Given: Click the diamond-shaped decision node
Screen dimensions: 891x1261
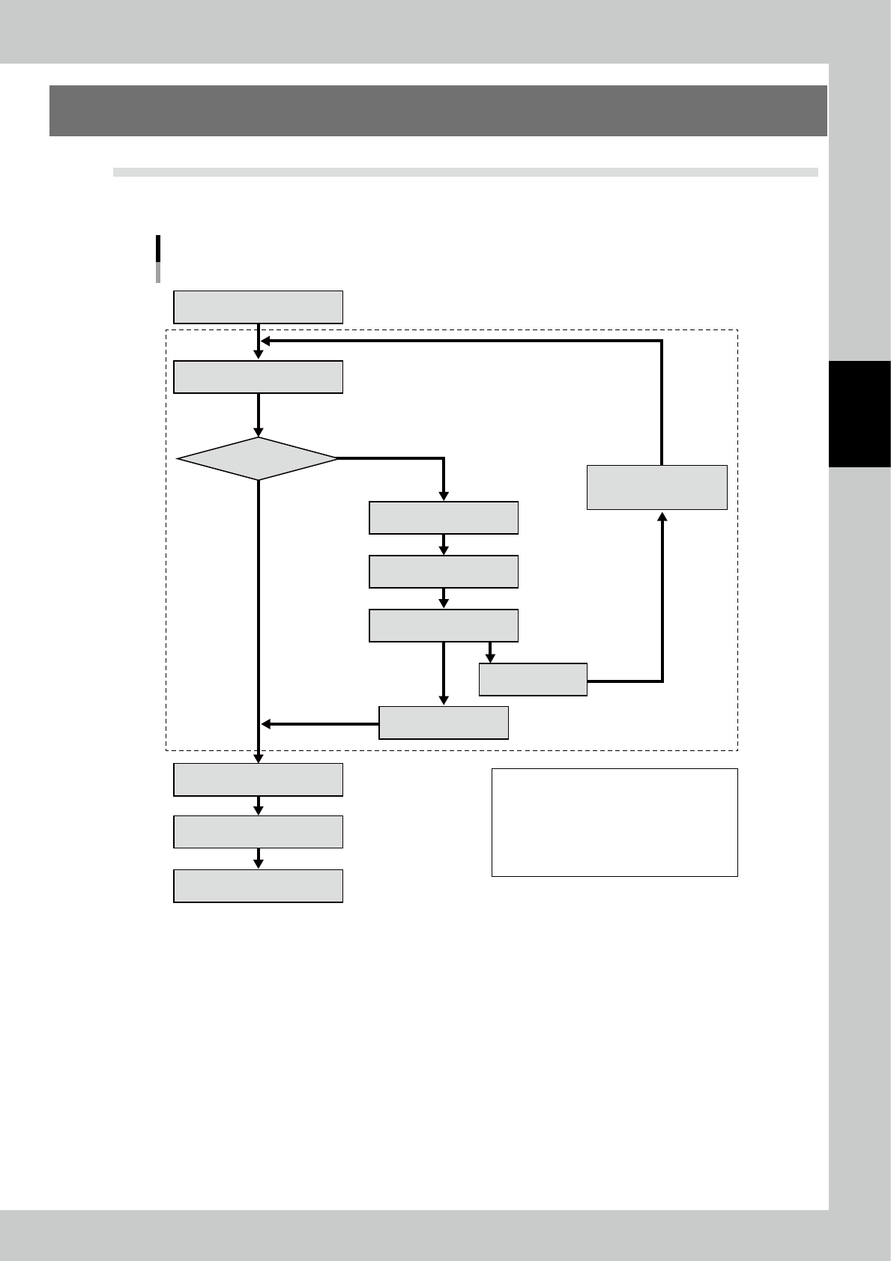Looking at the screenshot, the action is tap(258, 458).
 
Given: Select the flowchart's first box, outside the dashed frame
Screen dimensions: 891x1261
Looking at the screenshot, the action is tap(258, 307).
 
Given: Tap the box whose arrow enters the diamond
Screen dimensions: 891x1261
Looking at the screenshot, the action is tap(258, 377).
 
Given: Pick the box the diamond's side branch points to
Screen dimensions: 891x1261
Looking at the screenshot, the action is tap(444, 517).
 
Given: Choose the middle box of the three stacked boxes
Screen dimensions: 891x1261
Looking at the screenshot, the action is tap(444, 571).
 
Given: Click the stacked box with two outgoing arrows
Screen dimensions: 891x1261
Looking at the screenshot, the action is tap(444, 625).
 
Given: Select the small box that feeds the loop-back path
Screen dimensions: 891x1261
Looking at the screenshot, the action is tap(533, 679).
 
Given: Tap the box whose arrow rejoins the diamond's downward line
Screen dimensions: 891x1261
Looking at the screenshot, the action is tap(444, 723).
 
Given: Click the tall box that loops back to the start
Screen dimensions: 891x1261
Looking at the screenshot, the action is tap(656, 487).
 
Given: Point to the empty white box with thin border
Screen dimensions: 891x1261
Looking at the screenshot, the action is tap(614, 822).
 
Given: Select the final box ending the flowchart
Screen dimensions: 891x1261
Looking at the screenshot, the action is tap(258, 886).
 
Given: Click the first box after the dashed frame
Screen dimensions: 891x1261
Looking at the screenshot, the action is tap(258, 780).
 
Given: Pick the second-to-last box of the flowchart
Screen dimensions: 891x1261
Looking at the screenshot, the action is tap(258, 832).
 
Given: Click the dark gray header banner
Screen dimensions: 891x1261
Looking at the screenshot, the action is tap(438, 111).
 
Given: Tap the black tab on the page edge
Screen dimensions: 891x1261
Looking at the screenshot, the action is tap(860, 414).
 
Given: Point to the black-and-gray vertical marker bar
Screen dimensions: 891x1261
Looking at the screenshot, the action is tap(158, 259).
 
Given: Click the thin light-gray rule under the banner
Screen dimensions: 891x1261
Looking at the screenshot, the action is tap(465, 172).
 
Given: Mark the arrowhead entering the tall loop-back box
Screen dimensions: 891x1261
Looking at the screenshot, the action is tap(662, 516).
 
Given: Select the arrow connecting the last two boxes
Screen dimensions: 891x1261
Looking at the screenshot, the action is tap(259, 859).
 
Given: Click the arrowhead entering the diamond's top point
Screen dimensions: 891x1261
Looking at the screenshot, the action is tap(259, 432).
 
